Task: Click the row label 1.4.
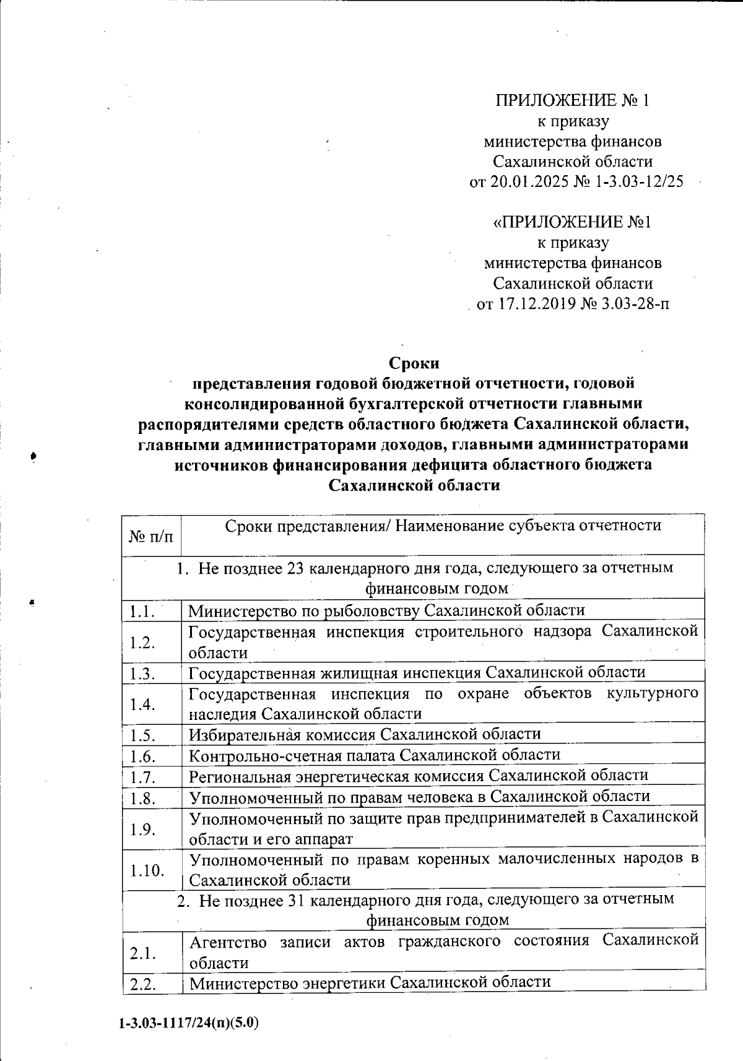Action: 142,704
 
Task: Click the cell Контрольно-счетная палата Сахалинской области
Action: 375,755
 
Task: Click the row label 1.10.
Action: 146,870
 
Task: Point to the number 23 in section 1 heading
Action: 295,568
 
